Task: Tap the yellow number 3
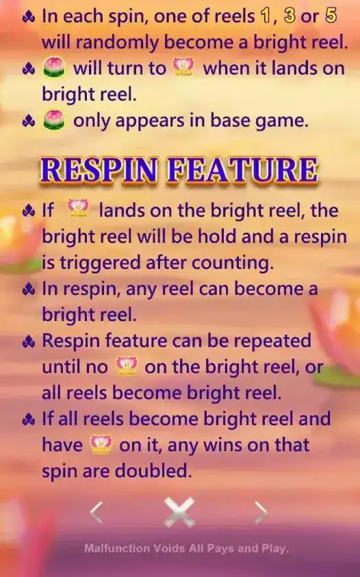click(290, 16)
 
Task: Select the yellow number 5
click(331, 16)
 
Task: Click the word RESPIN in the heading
click(101, 170)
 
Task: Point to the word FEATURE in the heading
click(242, 170)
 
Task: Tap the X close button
click(179, 512)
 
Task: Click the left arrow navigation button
click(96, 512)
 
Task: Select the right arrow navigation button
click(261, 512)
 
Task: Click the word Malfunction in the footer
click(117, 548)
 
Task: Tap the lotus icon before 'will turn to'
click(54, 68)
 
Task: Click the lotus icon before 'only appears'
click(54, 120)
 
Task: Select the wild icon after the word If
click(78, 209)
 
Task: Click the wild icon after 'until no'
click(127, 366)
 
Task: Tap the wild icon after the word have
click(101, 444)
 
